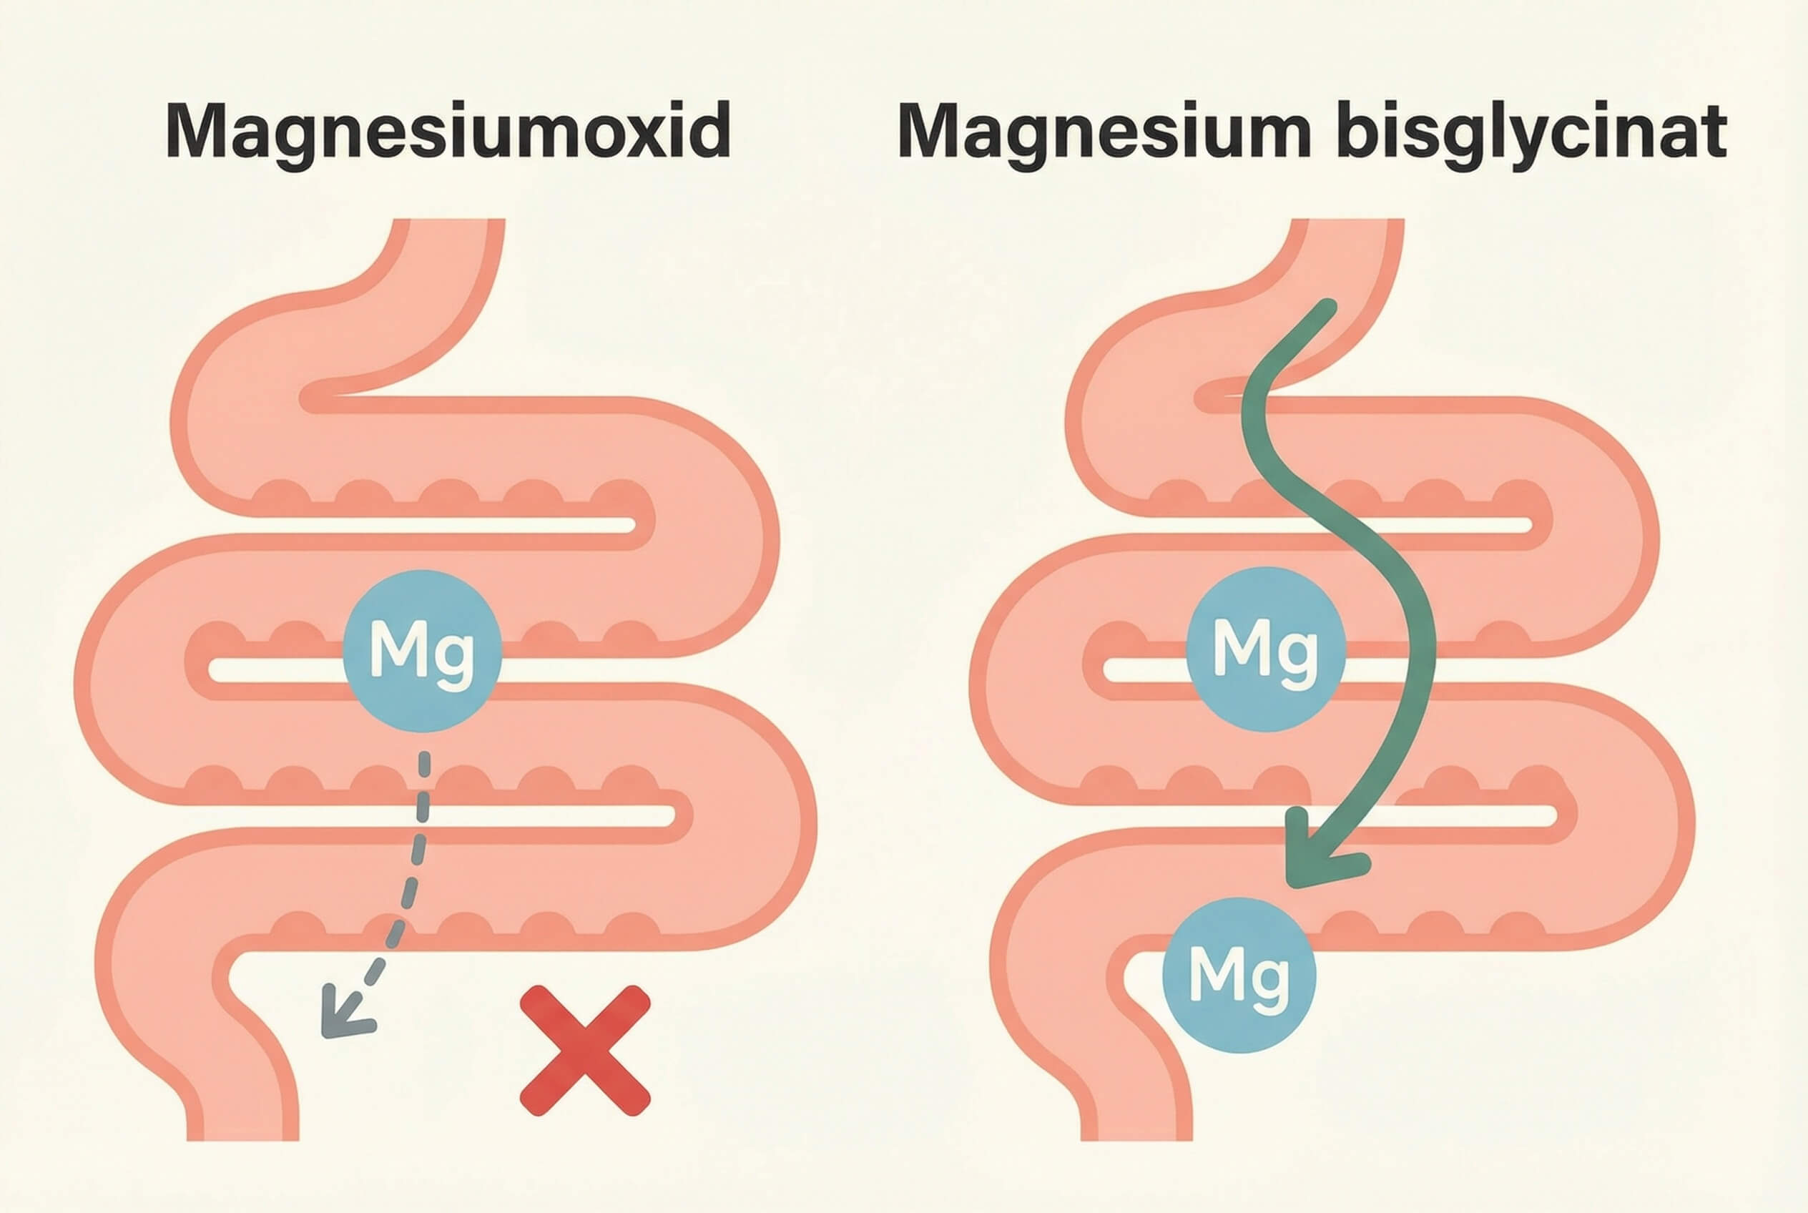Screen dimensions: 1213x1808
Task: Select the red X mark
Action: (585, 1051)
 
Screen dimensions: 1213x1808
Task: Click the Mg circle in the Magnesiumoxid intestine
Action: (423, 651)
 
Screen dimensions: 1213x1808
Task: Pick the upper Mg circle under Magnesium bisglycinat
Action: (1266, 648)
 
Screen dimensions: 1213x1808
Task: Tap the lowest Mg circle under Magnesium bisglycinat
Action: (1239, 975)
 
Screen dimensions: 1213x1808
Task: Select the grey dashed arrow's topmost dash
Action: (424, 765)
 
